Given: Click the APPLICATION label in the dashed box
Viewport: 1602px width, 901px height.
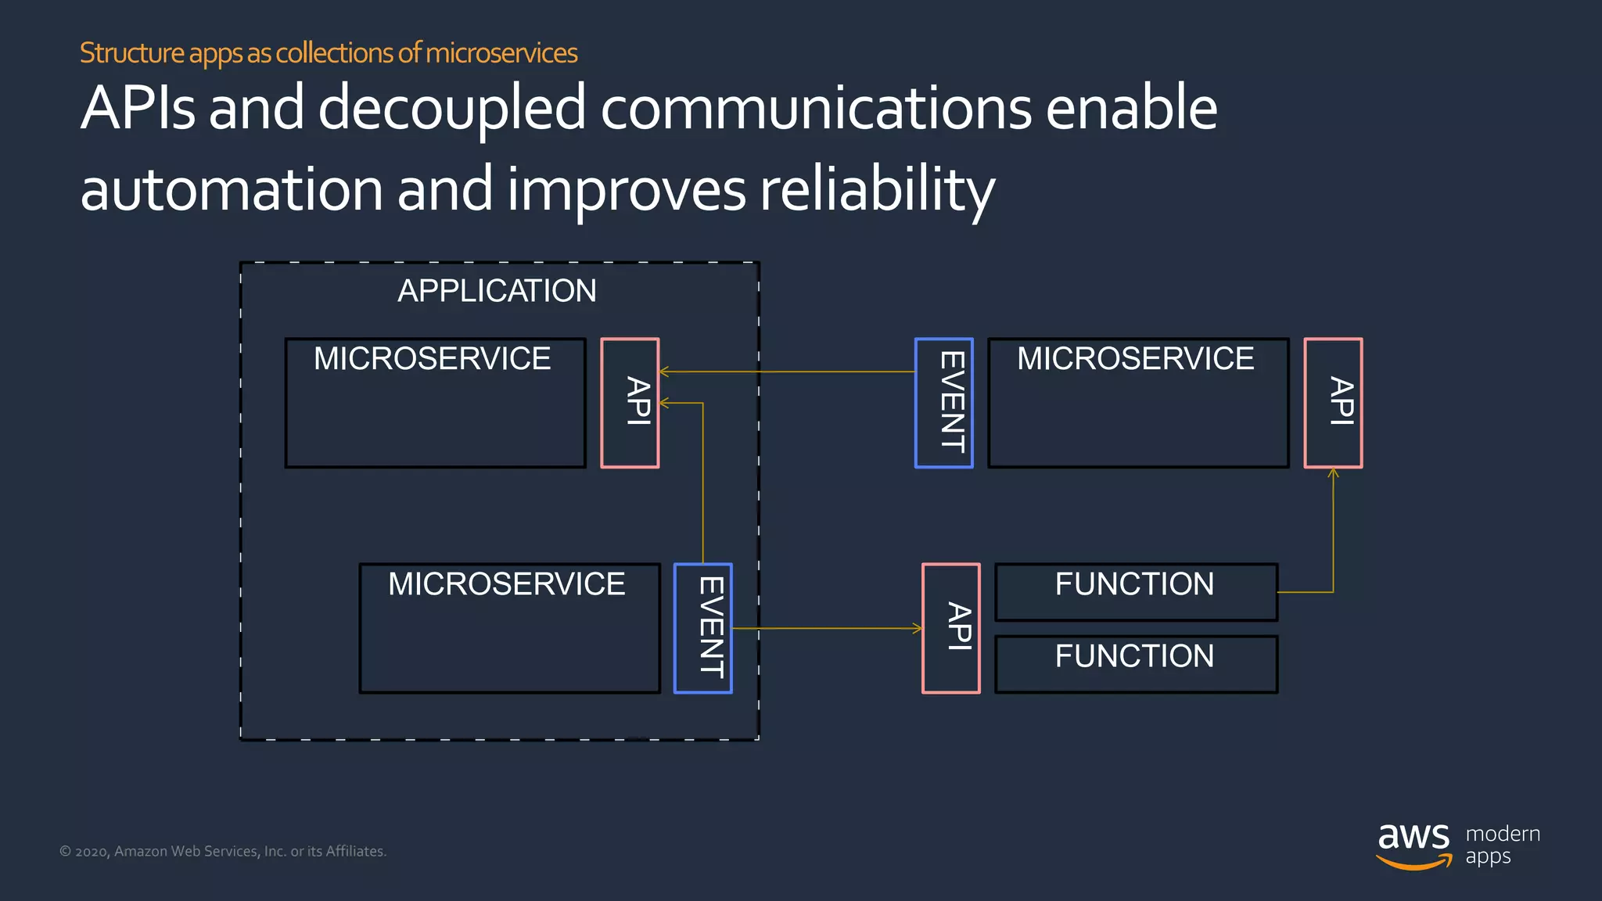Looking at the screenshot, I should [x=497, y=291].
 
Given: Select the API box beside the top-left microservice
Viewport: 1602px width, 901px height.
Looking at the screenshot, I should [x=630, y=403].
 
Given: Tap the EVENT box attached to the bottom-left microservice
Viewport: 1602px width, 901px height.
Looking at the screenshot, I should [x=702, y=628].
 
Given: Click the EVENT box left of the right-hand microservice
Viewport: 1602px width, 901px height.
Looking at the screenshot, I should [x=943, y=403].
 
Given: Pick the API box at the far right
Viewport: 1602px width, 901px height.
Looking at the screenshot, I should [x=1333, y=403].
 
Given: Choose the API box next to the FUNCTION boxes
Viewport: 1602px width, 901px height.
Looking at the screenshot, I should [x=950, y=628].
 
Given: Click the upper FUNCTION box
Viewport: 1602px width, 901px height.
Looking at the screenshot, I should [x=1135, y=592].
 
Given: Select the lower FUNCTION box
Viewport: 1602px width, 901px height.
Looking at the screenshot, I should [x=1135, y=663].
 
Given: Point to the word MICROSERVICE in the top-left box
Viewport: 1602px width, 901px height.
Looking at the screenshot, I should [x=432, y=359].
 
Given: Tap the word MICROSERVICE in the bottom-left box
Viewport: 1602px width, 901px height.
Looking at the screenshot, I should [x=506, y=584].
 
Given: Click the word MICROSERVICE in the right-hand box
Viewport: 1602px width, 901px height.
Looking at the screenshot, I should [x=1135, y=359].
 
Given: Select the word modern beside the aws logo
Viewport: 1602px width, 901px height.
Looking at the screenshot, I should [x=1503, y=834].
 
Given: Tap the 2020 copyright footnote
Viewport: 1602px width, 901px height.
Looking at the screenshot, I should [x=223, y=851].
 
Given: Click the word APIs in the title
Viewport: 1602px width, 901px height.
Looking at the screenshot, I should [x=138, y=108].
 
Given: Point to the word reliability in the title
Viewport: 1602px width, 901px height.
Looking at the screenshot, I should [x=877, y=190].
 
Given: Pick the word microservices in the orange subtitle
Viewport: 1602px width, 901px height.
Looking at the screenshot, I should [x=501, y=53].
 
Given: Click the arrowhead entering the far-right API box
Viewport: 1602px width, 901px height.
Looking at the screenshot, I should [x=1333, y=472].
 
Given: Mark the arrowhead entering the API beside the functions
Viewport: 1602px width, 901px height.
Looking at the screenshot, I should [x=918, y=628].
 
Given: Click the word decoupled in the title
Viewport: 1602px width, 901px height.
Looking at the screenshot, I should [x=451, y=108].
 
